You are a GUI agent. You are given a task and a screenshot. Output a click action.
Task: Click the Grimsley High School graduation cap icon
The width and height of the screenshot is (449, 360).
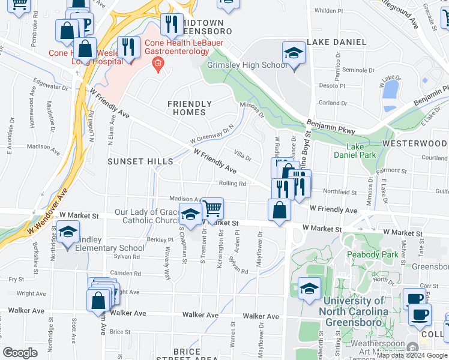point(294,53)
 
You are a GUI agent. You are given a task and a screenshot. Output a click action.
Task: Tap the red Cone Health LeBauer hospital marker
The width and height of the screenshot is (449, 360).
point(158,64)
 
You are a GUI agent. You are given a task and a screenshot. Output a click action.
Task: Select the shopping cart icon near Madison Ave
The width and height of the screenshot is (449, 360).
point(212,209)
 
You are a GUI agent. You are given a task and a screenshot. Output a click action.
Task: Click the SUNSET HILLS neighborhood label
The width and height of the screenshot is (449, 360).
point(140,161)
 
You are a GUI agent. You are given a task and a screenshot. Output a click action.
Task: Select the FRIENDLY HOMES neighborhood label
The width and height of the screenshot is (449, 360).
point(190,108)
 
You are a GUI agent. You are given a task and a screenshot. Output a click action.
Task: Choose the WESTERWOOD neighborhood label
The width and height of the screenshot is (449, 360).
point(414,144)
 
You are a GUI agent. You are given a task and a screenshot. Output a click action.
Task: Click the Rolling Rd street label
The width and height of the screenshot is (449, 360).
point(233,184)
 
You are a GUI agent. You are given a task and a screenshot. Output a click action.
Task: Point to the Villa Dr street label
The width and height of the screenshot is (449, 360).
point(243,157)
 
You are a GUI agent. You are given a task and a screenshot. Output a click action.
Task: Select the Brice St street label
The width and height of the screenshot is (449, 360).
point(120,331)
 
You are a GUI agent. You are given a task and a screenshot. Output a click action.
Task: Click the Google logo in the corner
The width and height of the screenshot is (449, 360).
point(20,353)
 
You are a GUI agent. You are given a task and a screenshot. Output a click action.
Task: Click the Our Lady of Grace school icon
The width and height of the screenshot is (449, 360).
point(190,214)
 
